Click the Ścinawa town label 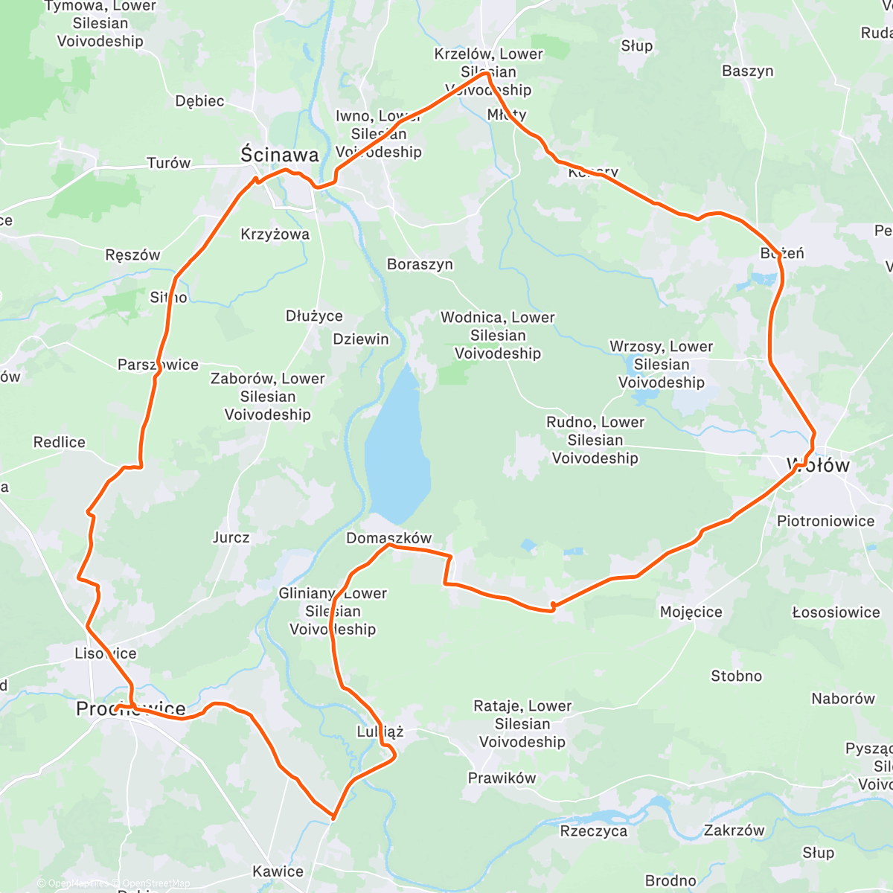(280, 155)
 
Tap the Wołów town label (819, 466)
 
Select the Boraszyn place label (420, 265)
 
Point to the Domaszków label (388, 538)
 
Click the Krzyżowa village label (275, 234)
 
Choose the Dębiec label (199, 101)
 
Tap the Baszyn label (747, 71)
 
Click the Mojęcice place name (691, 612)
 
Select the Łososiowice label (836, 612)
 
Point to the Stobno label (736, 676)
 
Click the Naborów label (842, 699)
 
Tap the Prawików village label (502, 778)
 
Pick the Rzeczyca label (593, 831)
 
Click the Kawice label (278, 871)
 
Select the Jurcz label (231, 537)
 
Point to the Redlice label (60, 443)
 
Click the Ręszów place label (132, 255)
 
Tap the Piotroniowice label (825, 521)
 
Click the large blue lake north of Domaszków (397, 446)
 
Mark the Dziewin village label (360, 339)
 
